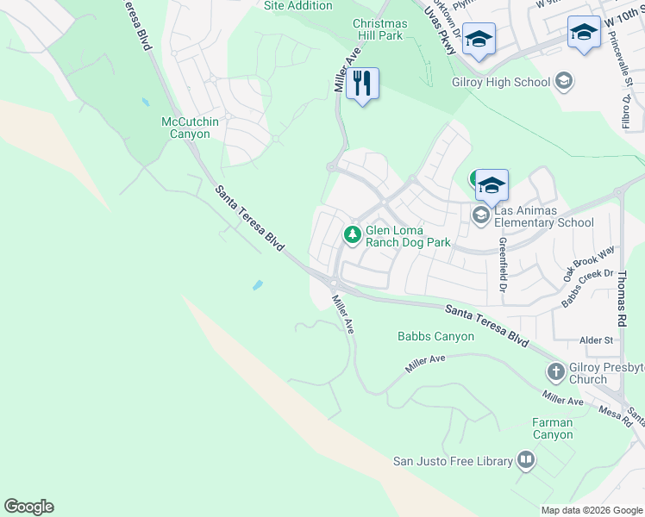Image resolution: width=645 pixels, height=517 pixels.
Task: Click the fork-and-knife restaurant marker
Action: pyautogui.click(x=362, y=84)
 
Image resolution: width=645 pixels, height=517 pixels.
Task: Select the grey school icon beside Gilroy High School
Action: pyautogui.click(x=564, y=82)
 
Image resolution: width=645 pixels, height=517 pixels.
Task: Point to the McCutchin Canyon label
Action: pyautogui.click(x=191, y=128)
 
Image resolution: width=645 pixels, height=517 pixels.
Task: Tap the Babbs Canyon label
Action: pyautogui.click(x=435, y=336)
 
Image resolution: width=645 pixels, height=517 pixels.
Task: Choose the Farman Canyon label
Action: pyautogui.click(x=553, y=428)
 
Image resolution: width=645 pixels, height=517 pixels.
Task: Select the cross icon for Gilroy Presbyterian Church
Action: pyautogui.click(x=556, y=372)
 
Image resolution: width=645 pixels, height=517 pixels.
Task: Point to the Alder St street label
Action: pyautogui.click(x=596, y=340)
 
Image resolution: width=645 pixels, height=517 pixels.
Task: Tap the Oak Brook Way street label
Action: pyautogui.click(x=590, y=263)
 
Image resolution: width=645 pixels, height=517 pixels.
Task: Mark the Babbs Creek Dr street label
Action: pyautogui.click(x=587, y=289)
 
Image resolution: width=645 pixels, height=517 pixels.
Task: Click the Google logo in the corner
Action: pyautogui.click(x=28, y=507)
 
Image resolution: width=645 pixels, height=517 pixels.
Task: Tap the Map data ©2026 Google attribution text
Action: pyautogui.click(x=591, y=510)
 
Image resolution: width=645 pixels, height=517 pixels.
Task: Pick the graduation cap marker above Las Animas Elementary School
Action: pyautogui.click(x=492, y=184)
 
